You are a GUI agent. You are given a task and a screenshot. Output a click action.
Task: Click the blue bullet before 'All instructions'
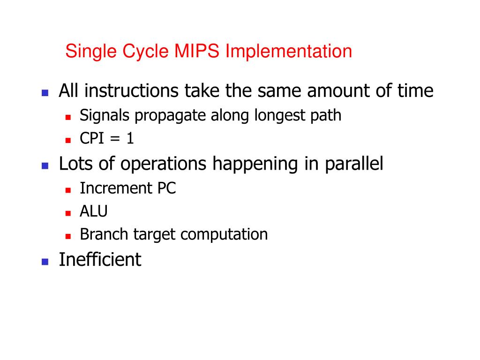(45, 93)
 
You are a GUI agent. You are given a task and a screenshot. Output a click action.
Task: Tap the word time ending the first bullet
(415, 91)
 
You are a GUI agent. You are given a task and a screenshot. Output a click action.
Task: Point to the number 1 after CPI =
(130, 139)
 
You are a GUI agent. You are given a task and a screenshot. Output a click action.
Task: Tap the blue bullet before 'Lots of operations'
(45, 166)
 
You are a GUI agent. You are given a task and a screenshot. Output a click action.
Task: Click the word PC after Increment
(165, 188)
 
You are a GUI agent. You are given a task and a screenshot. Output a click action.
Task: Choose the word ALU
(94, 211)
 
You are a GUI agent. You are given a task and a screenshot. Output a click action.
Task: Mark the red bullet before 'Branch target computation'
(68, 236)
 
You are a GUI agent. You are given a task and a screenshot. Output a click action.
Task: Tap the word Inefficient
(100, 259)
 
